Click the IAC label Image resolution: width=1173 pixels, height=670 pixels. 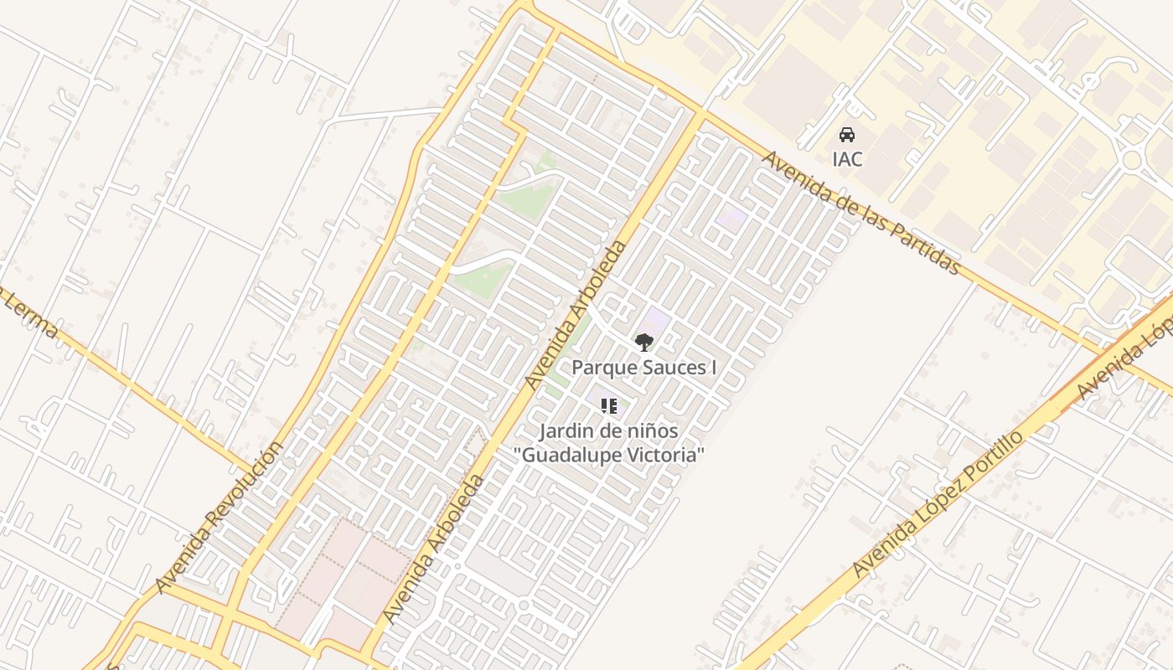tap(847, 158)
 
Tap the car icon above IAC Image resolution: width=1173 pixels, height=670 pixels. tap(847, 134)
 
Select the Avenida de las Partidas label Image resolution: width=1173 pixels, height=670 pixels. tap(860, 213)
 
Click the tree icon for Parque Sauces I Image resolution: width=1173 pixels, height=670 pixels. tap(643, 342)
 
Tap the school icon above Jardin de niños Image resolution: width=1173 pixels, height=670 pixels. tap(609, 406)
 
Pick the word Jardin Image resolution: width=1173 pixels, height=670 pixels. tap(562, 431)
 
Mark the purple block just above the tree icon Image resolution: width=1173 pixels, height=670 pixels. tap(656, 319)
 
